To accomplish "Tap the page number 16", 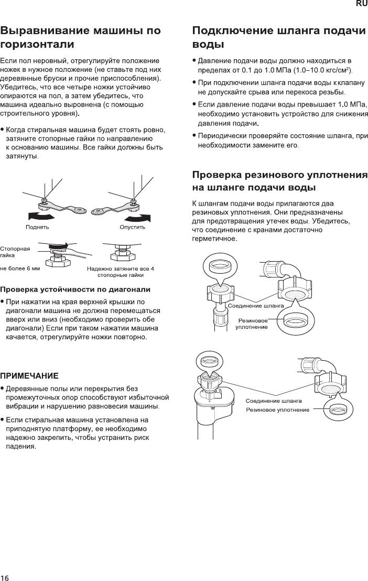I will [5, 577].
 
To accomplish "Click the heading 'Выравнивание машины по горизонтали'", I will [81, 37].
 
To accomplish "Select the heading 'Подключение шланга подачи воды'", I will [279, 37].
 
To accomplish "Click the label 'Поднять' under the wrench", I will [38, 227].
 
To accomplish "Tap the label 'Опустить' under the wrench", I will [132, 227].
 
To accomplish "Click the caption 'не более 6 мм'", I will [20, 268].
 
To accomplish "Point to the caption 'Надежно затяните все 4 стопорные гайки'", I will [121, 272].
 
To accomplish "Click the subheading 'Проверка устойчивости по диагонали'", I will [75, 289].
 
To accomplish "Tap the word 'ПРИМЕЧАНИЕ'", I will [29, 375].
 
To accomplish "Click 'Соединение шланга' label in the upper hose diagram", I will [255, 305].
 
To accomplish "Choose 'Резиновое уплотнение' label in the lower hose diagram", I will [277, 410].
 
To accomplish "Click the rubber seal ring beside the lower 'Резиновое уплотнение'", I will [339, 409].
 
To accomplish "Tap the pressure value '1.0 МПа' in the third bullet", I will [352, 104].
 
